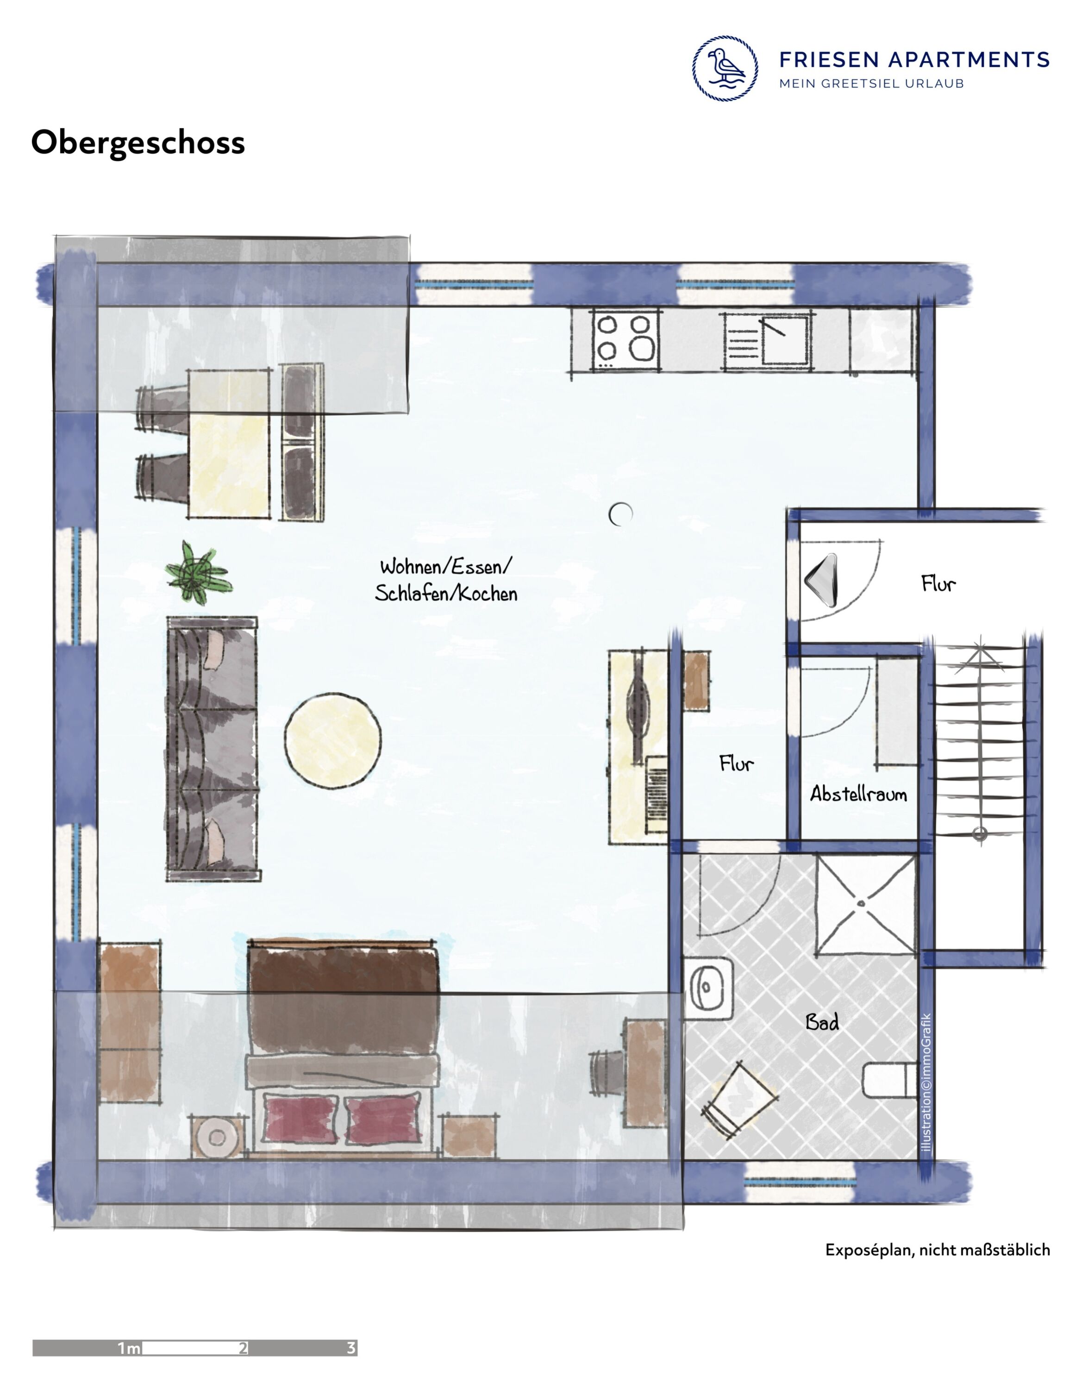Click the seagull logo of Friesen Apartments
coord(725,68)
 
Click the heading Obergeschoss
coord(138,143)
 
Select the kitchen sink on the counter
coord(767,340)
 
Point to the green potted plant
coord(198,572)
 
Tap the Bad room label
coord(822,1023)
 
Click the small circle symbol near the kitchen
coord(620,514)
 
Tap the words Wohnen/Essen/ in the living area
coord(445,566)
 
